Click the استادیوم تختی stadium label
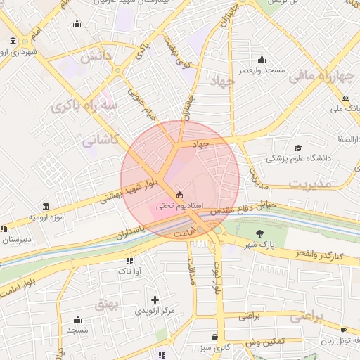point(179,205)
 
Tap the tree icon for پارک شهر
point(260,233)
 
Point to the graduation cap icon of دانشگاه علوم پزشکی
point(298,148)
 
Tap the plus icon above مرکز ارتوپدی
point(155,300)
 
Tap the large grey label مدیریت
point(309,183)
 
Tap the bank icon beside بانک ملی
point(345,98)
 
